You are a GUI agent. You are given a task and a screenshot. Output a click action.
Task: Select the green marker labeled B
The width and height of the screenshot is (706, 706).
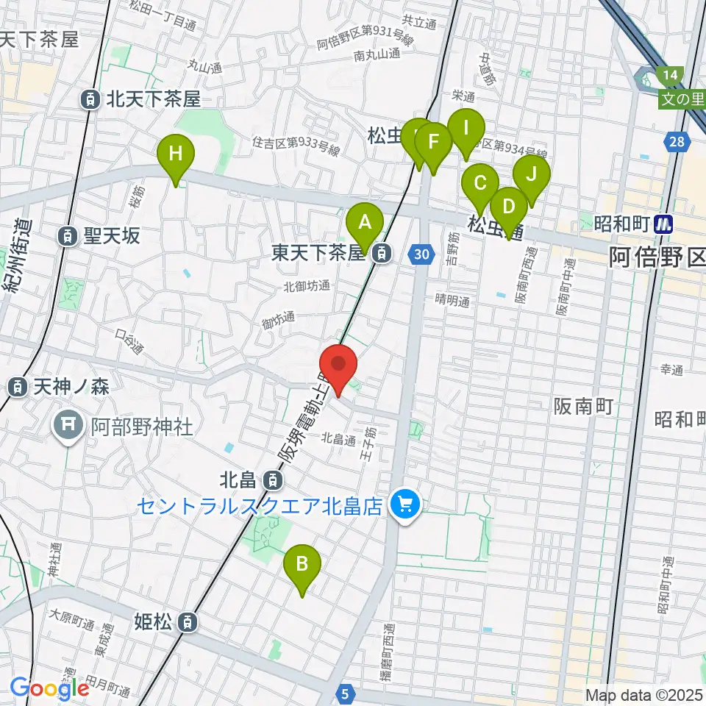click(302, 566)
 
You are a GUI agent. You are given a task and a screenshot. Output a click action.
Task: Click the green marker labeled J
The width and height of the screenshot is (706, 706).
click(531, 176)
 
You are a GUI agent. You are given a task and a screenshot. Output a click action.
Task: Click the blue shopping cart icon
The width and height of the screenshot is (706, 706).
click(403, 505)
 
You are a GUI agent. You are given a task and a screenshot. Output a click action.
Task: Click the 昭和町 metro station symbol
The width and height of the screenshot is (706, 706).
click(665, 224)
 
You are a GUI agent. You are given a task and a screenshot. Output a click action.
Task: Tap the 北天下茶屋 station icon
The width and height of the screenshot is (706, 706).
click(90, 98)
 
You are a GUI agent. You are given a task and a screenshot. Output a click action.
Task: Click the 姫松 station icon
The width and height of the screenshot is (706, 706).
click(189, 622)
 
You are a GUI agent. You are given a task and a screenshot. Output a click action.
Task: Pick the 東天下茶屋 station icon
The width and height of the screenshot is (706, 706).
click(381, 254)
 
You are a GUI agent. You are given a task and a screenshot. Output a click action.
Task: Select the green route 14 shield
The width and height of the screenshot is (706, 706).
click(671, 74)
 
